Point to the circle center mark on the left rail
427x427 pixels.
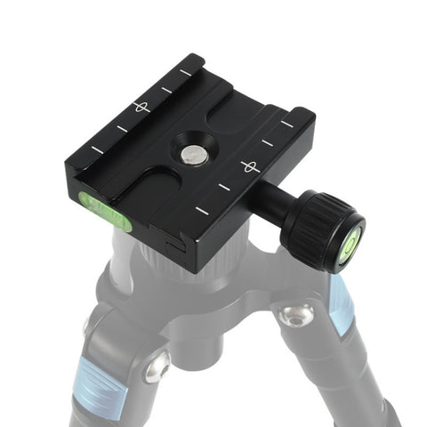point(140,108)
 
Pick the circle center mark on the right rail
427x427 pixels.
point(250,166)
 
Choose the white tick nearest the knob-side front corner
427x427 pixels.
point(202,211)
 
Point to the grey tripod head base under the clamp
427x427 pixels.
point(178,276)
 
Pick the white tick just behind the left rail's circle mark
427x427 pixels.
point(166,89)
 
